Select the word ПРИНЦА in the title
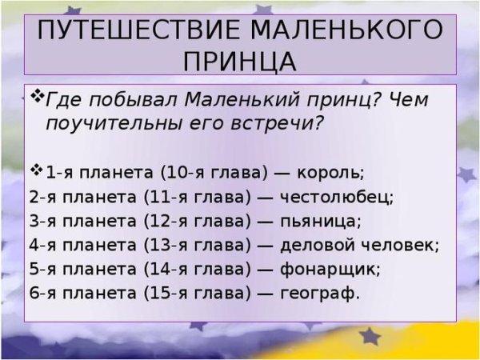point(239,62)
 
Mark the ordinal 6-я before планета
point(42,292)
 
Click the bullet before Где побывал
point(38,98)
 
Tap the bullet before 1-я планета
point(38,170)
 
